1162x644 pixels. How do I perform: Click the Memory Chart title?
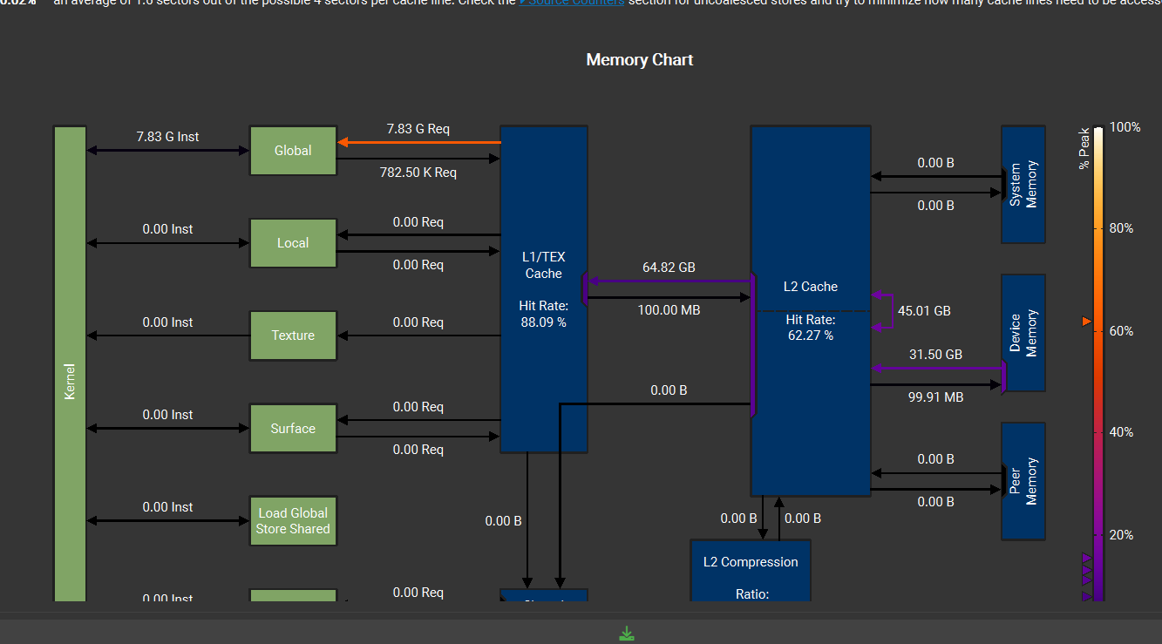[639, 60]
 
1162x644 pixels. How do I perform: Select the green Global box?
[293, 151]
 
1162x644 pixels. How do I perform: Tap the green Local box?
[293, 243]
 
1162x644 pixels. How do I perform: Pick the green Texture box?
[293, 336]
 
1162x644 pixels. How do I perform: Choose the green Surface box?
[293, 429]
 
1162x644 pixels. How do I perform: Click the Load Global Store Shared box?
[293, 521]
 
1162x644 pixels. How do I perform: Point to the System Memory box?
[1023, 184]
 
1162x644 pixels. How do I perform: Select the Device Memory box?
[1023, 333]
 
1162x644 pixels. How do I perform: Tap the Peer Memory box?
[1023, 481]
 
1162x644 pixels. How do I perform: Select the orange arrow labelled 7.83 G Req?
[418, 142]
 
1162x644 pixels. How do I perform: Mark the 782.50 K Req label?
[418, 173]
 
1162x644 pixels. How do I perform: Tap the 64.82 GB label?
[669, 268]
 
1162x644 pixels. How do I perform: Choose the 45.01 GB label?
[924, 311]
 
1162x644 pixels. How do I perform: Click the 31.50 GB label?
[935, 355]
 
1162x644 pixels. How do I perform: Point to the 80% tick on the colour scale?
[1120, 228]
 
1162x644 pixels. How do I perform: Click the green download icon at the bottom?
[626, 634]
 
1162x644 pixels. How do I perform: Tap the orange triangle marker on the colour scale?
[1086, 322]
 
